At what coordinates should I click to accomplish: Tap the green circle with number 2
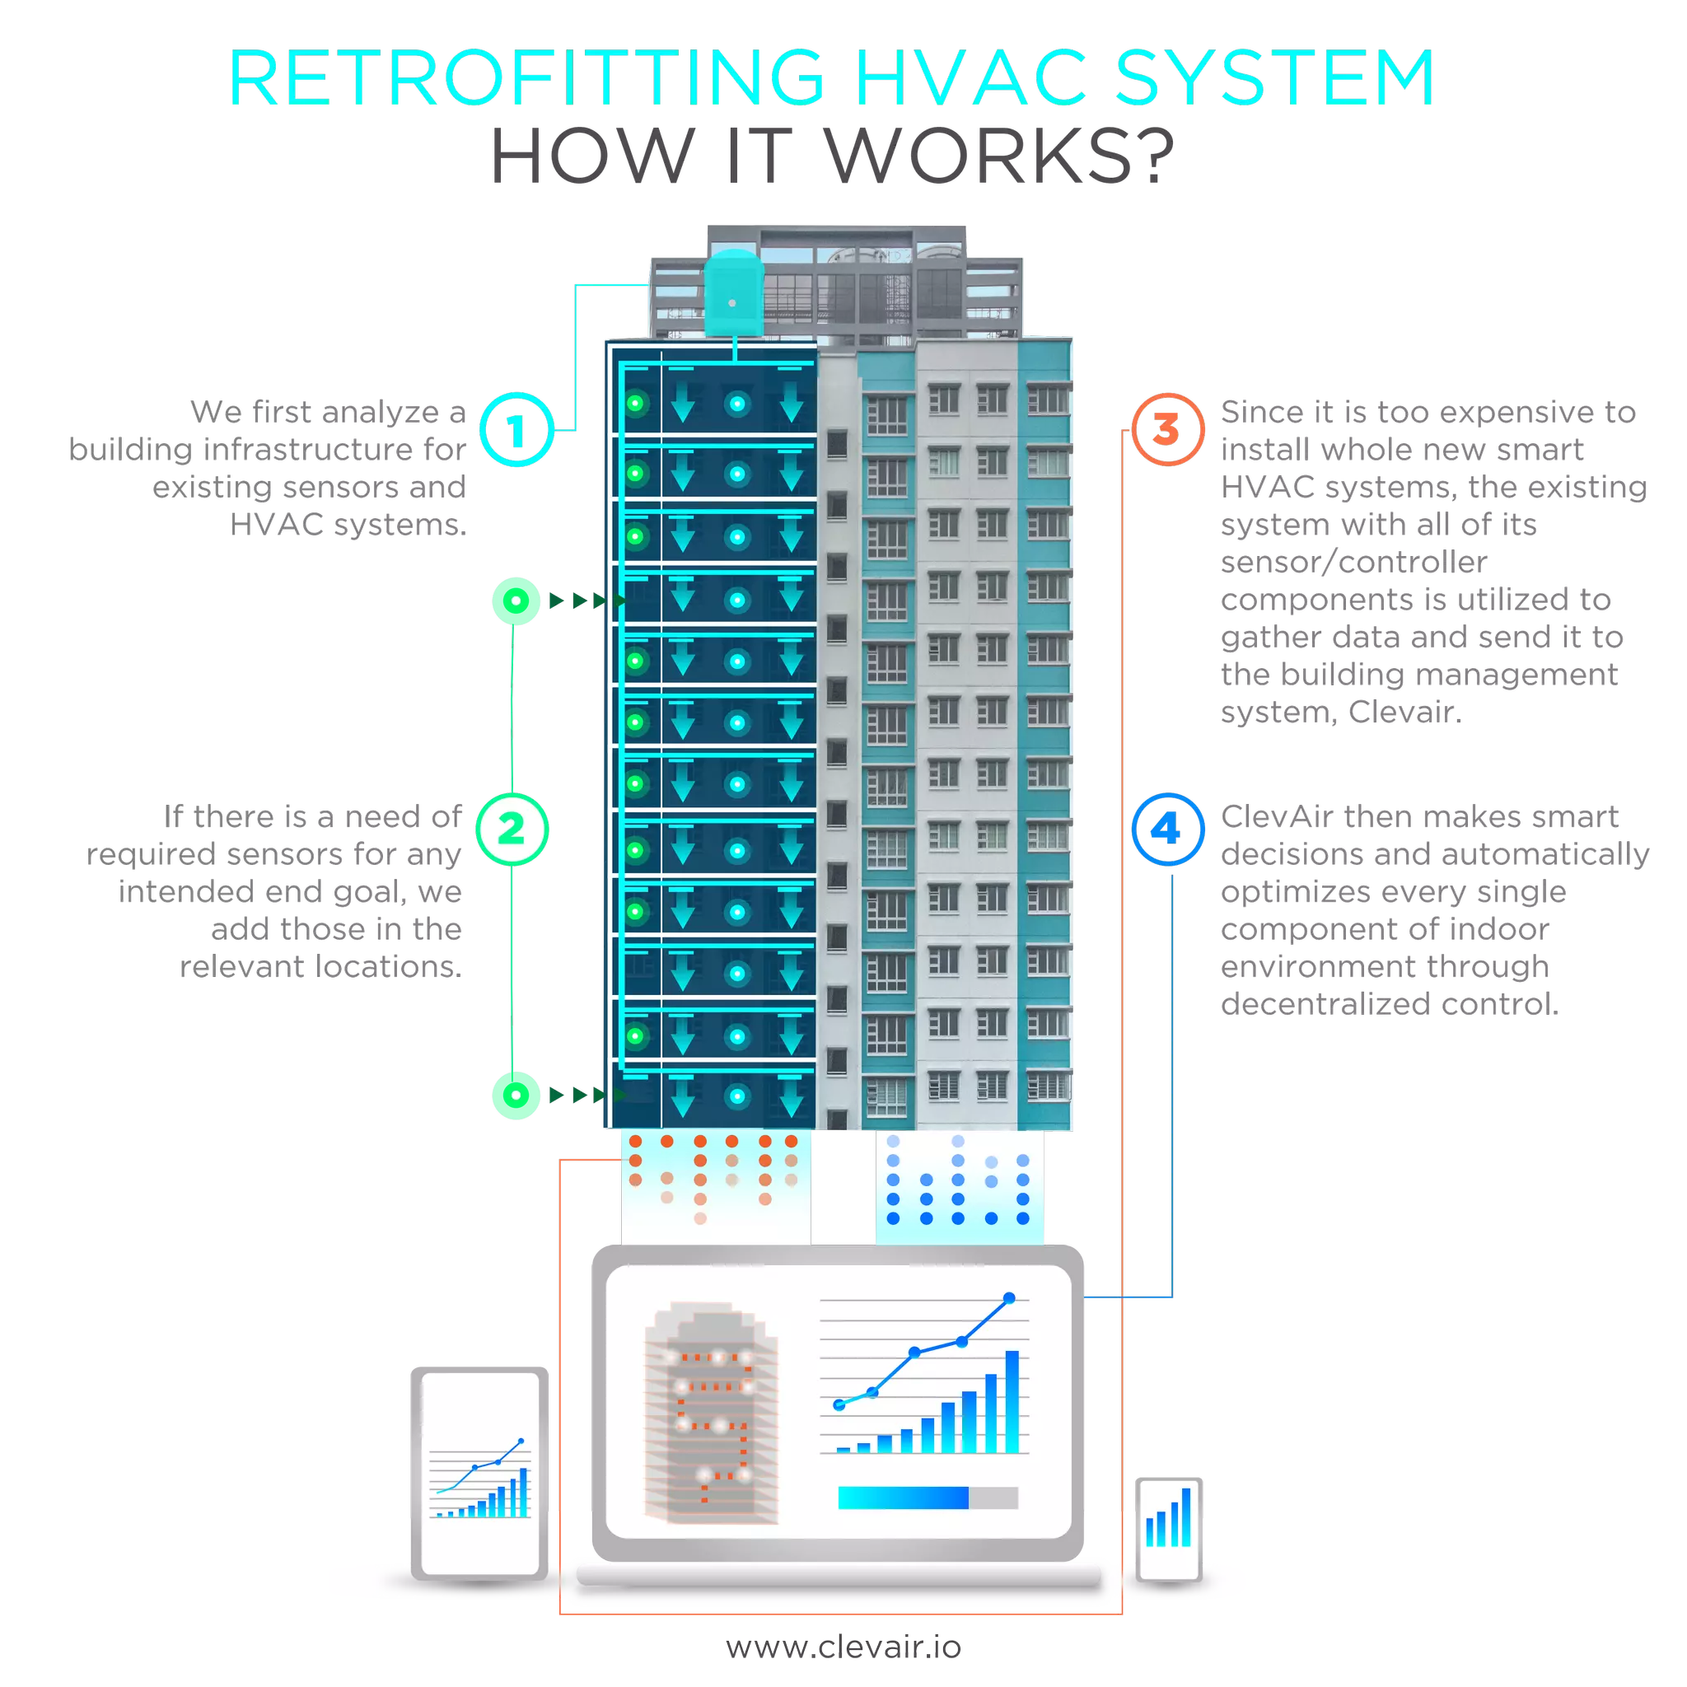pyautogui.click(x=512, y=829)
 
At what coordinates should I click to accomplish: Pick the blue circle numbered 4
pyautogui.click(x=1167, y=829)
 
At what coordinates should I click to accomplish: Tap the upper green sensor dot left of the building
pyautogui.click(x=516, y=600)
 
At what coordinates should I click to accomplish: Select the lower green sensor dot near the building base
pyautogui.click(x=516, y=1095)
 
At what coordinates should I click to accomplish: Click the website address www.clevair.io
pyautogui.click(x=843, y=1646)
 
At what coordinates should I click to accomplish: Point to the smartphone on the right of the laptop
pyautogui.click(x=1168, y=1528)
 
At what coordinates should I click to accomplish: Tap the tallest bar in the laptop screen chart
pyautogui.click(x=1012, y=1401)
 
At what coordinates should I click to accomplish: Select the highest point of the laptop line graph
pyautogui.click(x=1009, y=1298)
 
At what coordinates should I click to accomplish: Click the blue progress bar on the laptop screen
pyautogui.click(x=904, y=1498)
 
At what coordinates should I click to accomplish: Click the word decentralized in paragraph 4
pyautogui.click(x=1324, y=1004)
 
